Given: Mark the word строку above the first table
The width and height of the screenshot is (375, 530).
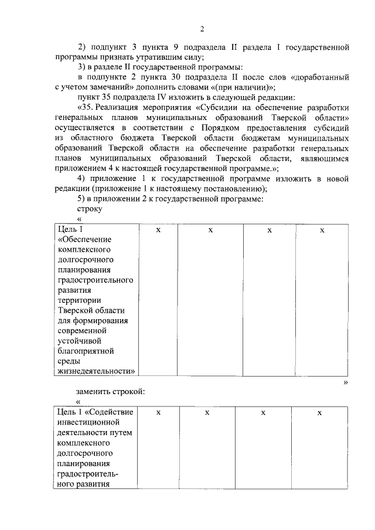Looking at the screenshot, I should pyautogui.click(x=89, y=208).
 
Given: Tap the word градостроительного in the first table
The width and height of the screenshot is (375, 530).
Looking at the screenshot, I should pyautogui.click(x=96, y=279).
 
